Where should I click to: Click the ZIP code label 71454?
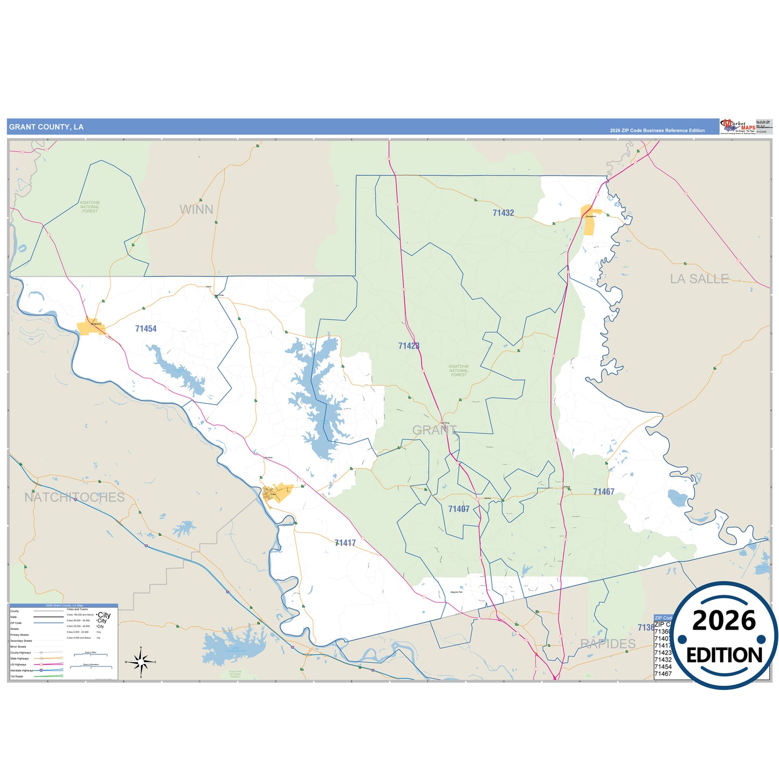pyautogui.click(x=146, y=328)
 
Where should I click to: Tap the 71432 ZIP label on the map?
pyautogui.click(x=503, y=213)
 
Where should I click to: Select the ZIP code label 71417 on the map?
pyautogui.click(x=345, y=543)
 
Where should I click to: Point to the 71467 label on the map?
pyautogui.click(x=603, y=492)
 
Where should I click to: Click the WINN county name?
pyautogui.click(x=196, y=209)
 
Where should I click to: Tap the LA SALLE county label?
pyautogui.click(x=699, y=279)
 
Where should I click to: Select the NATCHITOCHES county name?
pyautogui.click(x=74, y=497)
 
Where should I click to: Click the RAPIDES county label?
pyautogui.click(x=608, y=644)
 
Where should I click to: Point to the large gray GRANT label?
pyautogui.click(x=435, y=430)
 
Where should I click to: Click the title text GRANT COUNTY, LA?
pyautogui.click(x=46, y=127)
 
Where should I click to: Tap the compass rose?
pyautogui.click(x=141, y=661)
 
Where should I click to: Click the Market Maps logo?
pyautogui.click(x=737, y=127)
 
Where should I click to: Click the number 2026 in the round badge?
pyautogui.click(x=723, y=621)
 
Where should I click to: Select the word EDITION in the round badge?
pyautogui.click(x=724, y=655)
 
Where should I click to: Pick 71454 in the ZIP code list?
pyautogui.click(x=663, y=667)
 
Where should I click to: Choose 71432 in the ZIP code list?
pyautogui.click(x=663, y=660)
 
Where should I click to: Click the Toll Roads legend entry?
pyautogui.click(x=17, y=676)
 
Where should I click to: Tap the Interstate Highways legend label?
pyautogui.click(x=22, y=670)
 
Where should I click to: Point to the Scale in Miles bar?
pyautogui.click(x=91, y=655)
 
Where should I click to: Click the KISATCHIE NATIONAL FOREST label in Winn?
pyautogui.click(x=90, y=207)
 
